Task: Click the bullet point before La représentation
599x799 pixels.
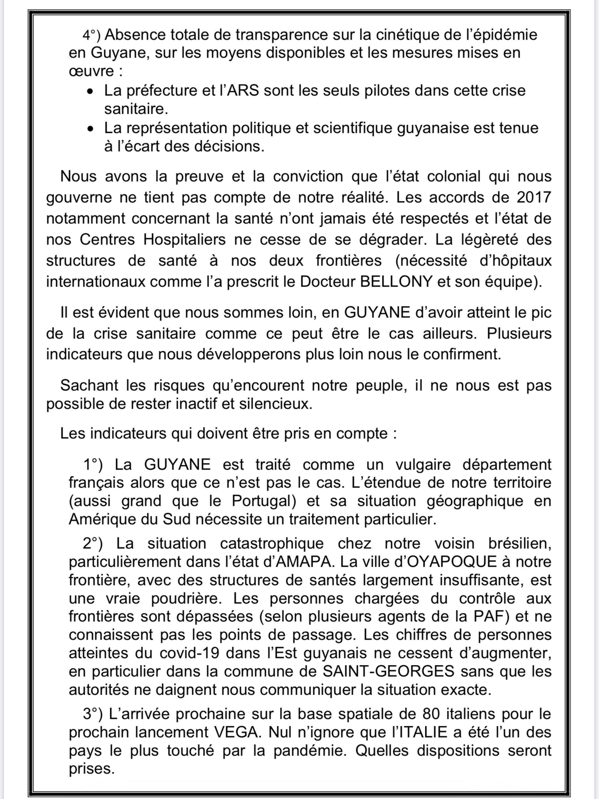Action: tap(90, 129)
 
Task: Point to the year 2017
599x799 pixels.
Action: tap(534, 197)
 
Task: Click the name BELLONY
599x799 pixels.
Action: tap(396, 281)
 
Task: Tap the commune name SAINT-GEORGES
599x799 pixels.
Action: tap(388, 671)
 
